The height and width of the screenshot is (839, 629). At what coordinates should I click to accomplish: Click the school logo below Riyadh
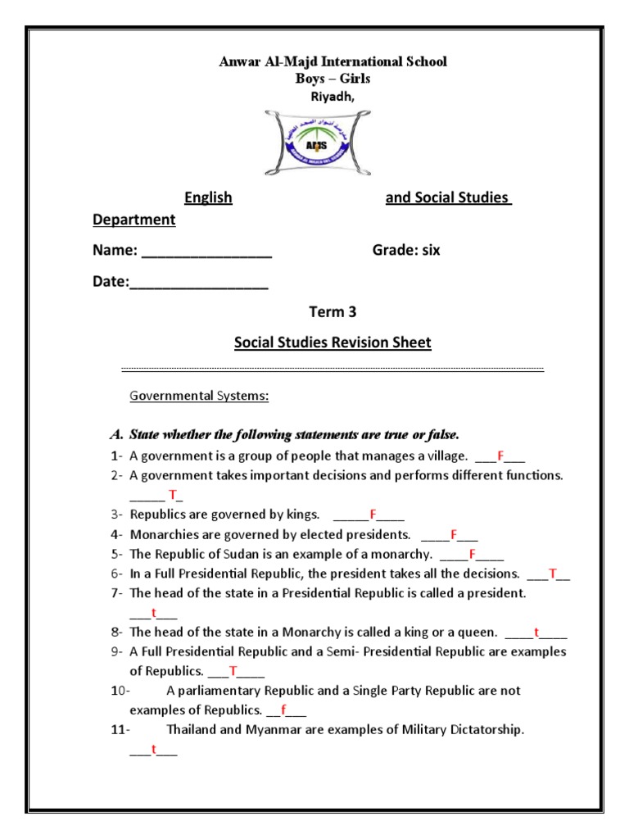click(x=314, y=141)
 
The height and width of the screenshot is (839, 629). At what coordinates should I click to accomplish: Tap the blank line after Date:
click(x=199, y=283)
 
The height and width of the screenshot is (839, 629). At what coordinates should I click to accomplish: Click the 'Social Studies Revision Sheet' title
click(x=333, y=342)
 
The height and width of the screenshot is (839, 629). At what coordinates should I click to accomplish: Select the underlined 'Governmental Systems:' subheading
click(x=200, y=397)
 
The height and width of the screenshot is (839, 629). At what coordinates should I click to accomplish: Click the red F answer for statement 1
click(x=500, y=456)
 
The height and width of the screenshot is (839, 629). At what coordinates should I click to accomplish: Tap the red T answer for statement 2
click(x=173, y=494)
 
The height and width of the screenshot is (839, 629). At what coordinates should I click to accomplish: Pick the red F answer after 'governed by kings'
click(x=373, y=515)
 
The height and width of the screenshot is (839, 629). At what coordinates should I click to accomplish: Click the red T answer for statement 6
click(x=553, y=574)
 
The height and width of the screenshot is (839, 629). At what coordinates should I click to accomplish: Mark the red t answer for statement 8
click(x=536, y=633)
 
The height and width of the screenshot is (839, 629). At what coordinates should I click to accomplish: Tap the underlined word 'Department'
click(x=133, y=220)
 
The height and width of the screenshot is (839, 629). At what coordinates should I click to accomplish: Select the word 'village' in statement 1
click(x=446, y=456)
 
